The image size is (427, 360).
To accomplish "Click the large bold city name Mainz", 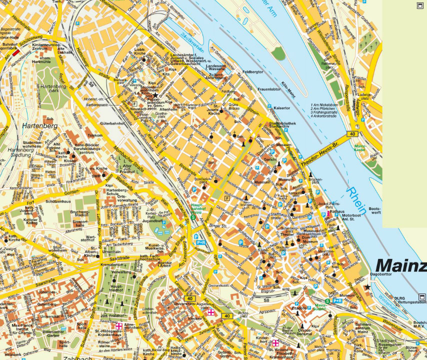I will (400, 265).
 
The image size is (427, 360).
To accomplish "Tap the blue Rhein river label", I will (357, 200).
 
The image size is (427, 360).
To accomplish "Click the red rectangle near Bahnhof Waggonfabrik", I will (16, 51).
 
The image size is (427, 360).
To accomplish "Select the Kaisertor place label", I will (282, 107).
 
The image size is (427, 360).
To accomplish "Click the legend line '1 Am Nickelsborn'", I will (324, 105).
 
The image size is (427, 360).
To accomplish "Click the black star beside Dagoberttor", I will (368, 286).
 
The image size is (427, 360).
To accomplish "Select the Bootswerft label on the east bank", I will (374, 210).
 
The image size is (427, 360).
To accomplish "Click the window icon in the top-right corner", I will (420, 5).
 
